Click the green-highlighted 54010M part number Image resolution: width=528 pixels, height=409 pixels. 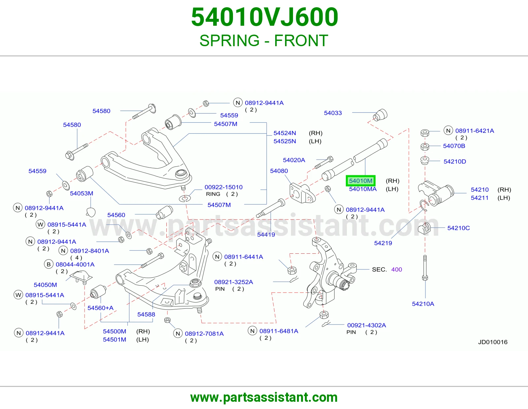[361, 181]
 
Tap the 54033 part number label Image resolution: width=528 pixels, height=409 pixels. [333, 113]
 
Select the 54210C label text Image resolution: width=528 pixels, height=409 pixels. [458, 228]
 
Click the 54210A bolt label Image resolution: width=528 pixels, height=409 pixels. [423, 304]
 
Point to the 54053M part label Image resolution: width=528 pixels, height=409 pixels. [82, 194]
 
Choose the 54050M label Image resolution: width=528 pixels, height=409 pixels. [46, 285]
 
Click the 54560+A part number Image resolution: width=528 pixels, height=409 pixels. [100, 308]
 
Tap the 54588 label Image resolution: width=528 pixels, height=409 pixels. [146, 315]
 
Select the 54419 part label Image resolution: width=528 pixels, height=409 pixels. [266, 235]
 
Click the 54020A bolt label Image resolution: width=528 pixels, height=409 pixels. [294, 160]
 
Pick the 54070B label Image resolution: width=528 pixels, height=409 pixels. [454, 146]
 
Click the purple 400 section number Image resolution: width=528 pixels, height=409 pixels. [397, 269]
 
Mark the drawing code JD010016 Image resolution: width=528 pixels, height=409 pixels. [493, 342]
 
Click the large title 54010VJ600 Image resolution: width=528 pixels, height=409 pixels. [265, 17]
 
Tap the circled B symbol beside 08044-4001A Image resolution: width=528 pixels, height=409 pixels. [49, 264]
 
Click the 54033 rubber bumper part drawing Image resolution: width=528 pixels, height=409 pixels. [380, 115]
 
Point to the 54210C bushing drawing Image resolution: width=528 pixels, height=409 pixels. [424, 228]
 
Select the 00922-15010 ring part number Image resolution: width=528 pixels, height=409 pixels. [223, 187]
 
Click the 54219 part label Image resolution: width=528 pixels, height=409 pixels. [383, 243]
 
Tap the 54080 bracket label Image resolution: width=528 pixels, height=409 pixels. [279, 171]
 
